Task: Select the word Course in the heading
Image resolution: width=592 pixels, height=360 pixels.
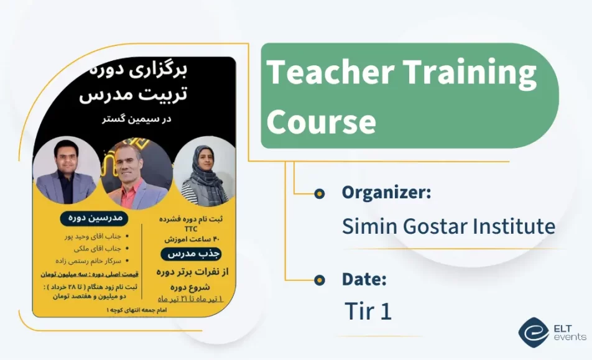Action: [321, 121]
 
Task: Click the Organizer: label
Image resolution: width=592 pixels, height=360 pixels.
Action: [386, 193]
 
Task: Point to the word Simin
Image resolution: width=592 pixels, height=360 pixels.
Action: [368, 226]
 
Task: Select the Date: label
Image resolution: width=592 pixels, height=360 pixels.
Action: [364, 279]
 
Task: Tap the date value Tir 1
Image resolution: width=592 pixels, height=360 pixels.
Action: [368, 311]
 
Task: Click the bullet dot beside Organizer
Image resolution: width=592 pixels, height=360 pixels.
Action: [320, 193]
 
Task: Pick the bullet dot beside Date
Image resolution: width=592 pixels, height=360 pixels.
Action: [320, 280]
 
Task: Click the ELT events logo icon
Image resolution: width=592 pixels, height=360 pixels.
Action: [533, 332]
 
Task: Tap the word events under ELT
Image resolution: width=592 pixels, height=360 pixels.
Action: [569, 337]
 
